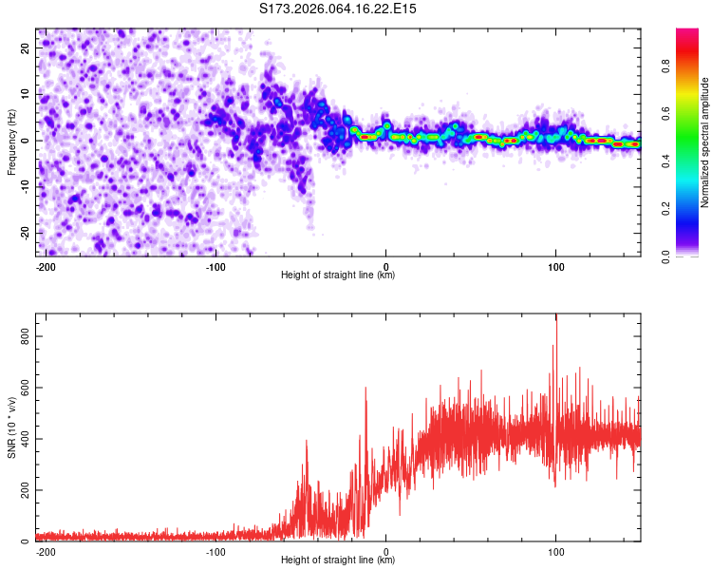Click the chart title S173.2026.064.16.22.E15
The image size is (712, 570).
pyautogui.click(x=339, y=9)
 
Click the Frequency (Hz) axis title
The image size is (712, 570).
pyautogui.click(x=11, y=142)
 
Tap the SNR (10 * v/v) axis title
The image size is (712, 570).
pyautogui.click(x=11, y=427)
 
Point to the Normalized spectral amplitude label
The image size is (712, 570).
pyautogui.click(x=704, y=142)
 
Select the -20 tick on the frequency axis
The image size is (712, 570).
pyautogui.click(x=25, y=234)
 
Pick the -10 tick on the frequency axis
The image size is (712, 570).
pyautogui.click(x=25, y=187)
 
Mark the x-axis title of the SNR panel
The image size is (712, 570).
pyautogui.click(x=338, y=560)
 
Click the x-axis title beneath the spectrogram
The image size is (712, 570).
pyautogui.click(x=338, y=275)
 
